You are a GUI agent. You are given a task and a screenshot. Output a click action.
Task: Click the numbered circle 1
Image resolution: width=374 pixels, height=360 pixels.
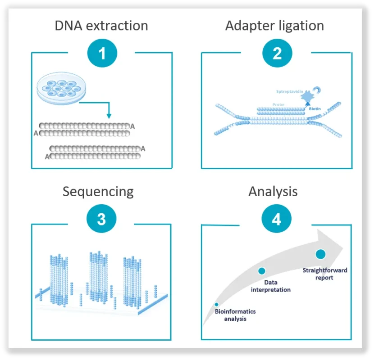[x=102, y=53]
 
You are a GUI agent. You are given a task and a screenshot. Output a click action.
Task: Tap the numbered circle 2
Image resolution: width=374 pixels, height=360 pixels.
[x=277, y=53]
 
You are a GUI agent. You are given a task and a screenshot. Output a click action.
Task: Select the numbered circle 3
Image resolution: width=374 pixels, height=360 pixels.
[x=101, y=219]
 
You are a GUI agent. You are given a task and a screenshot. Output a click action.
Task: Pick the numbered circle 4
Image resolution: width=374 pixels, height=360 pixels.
[x=277, y=219]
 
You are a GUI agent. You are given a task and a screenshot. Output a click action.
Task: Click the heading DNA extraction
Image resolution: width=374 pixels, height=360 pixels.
[x=101, y=26]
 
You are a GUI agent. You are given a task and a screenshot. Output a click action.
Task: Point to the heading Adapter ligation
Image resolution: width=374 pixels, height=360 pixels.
[x=274, y=26]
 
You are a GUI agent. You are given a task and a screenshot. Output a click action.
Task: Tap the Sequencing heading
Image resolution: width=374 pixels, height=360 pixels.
[x=98, y=192]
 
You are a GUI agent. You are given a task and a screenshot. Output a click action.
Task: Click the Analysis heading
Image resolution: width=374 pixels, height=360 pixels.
[x=273, y=192]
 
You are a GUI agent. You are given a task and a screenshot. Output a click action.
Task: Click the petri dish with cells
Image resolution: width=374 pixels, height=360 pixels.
[x=61, y=88]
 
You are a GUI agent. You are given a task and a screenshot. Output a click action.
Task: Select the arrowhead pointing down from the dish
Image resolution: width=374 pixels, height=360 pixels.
[x=109, y=116]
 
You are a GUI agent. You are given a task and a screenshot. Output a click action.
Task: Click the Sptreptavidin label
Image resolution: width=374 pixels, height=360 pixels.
[x=290, y=91]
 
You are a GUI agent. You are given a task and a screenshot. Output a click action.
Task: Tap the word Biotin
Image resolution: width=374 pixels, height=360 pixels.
[x=315, y=108]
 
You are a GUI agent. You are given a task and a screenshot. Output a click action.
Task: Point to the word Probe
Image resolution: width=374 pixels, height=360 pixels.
[x=278, y=104]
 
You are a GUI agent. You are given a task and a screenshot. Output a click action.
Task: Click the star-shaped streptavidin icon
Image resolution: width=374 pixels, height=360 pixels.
[x=307, y=96]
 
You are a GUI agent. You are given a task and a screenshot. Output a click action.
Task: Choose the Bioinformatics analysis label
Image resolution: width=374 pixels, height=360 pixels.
[x=235, y=315]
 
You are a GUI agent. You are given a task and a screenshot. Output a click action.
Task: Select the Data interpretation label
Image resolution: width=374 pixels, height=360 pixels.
[x=271, y=286]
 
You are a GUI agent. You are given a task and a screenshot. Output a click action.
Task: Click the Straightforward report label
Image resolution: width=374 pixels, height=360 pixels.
[x=325, y=274]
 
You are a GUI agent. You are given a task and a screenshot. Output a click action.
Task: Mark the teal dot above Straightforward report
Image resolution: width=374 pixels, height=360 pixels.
[x=320, y=254]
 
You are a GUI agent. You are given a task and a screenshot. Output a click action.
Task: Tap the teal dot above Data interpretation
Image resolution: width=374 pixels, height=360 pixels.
[x=262, y=271]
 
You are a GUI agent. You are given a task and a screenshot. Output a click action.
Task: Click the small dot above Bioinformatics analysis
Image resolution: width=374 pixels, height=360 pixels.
[x=217, y=305]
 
